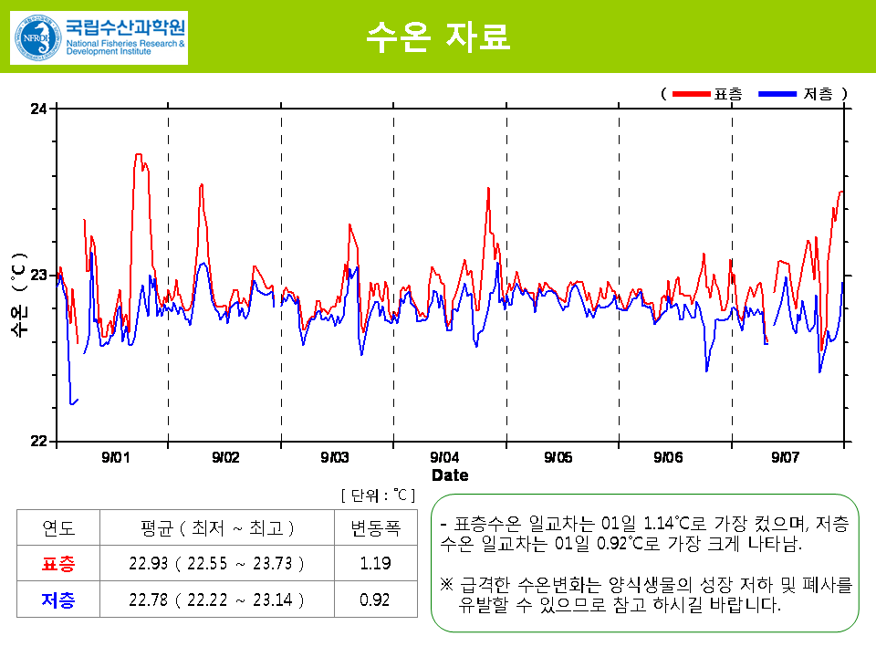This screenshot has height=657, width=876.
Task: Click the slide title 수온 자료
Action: (x=437, y=36)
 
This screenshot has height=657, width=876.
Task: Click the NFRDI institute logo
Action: (x=99, y=37)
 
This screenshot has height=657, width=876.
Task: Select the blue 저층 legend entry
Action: (x=796, y=94)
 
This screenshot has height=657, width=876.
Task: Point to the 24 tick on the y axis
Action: (x=39, y=109)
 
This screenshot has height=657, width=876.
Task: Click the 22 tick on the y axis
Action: (x=39, y=442)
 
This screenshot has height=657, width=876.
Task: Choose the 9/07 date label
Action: (x=787, y=457)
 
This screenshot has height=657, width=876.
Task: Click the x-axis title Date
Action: (x=450, y=475)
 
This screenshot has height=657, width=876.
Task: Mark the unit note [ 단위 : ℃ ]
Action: (x=378, y=495)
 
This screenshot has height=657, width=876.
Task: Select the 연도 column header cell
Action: (x=59, y=528)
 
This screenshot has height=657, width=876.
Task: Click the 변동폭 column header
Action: (x=376, y=528)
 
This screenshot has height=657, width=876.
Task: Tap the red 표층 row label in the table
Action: (x=59, y=564)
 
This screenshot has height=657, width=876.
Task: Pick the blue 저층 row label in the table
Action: (x=59, y=600)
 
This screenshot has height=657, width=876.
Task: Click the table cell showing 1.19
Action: (x=376, y=564)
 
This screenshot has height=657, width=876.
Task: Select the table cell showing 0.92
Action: (x=376, y=600)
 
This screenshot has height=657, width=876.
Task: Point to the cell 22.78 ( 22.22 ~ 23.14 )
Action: (x=217, y=600)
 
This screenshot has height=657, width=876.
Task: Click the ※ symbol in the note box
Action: (x=446, y=584)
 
